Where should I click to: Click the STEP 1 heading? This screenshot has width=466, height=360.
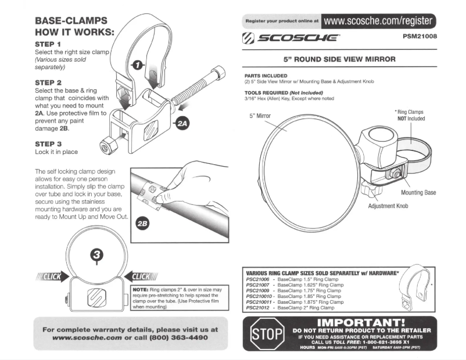tap(48, 44)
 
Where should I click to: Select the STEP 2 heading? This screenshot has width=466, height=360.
tap(48, 83)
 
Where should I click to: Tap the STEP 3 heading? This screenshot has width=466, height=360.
tap(48, 143)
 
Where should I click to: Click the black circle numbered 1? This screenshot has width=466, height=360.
tap(138, 64)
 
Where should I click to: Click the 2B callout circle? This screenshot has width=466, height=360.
tap(142, 224)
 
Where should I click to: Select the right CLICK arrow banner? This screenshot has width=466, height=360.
tap(142, 277)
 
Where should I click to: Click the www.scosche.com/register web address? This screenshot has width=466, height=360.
tap(378, 21)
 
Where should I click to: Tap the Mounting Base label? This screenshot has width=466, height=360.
tap(418, 193)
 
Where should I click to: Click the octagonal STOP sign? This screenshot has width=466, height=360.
tap(262, 334)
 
